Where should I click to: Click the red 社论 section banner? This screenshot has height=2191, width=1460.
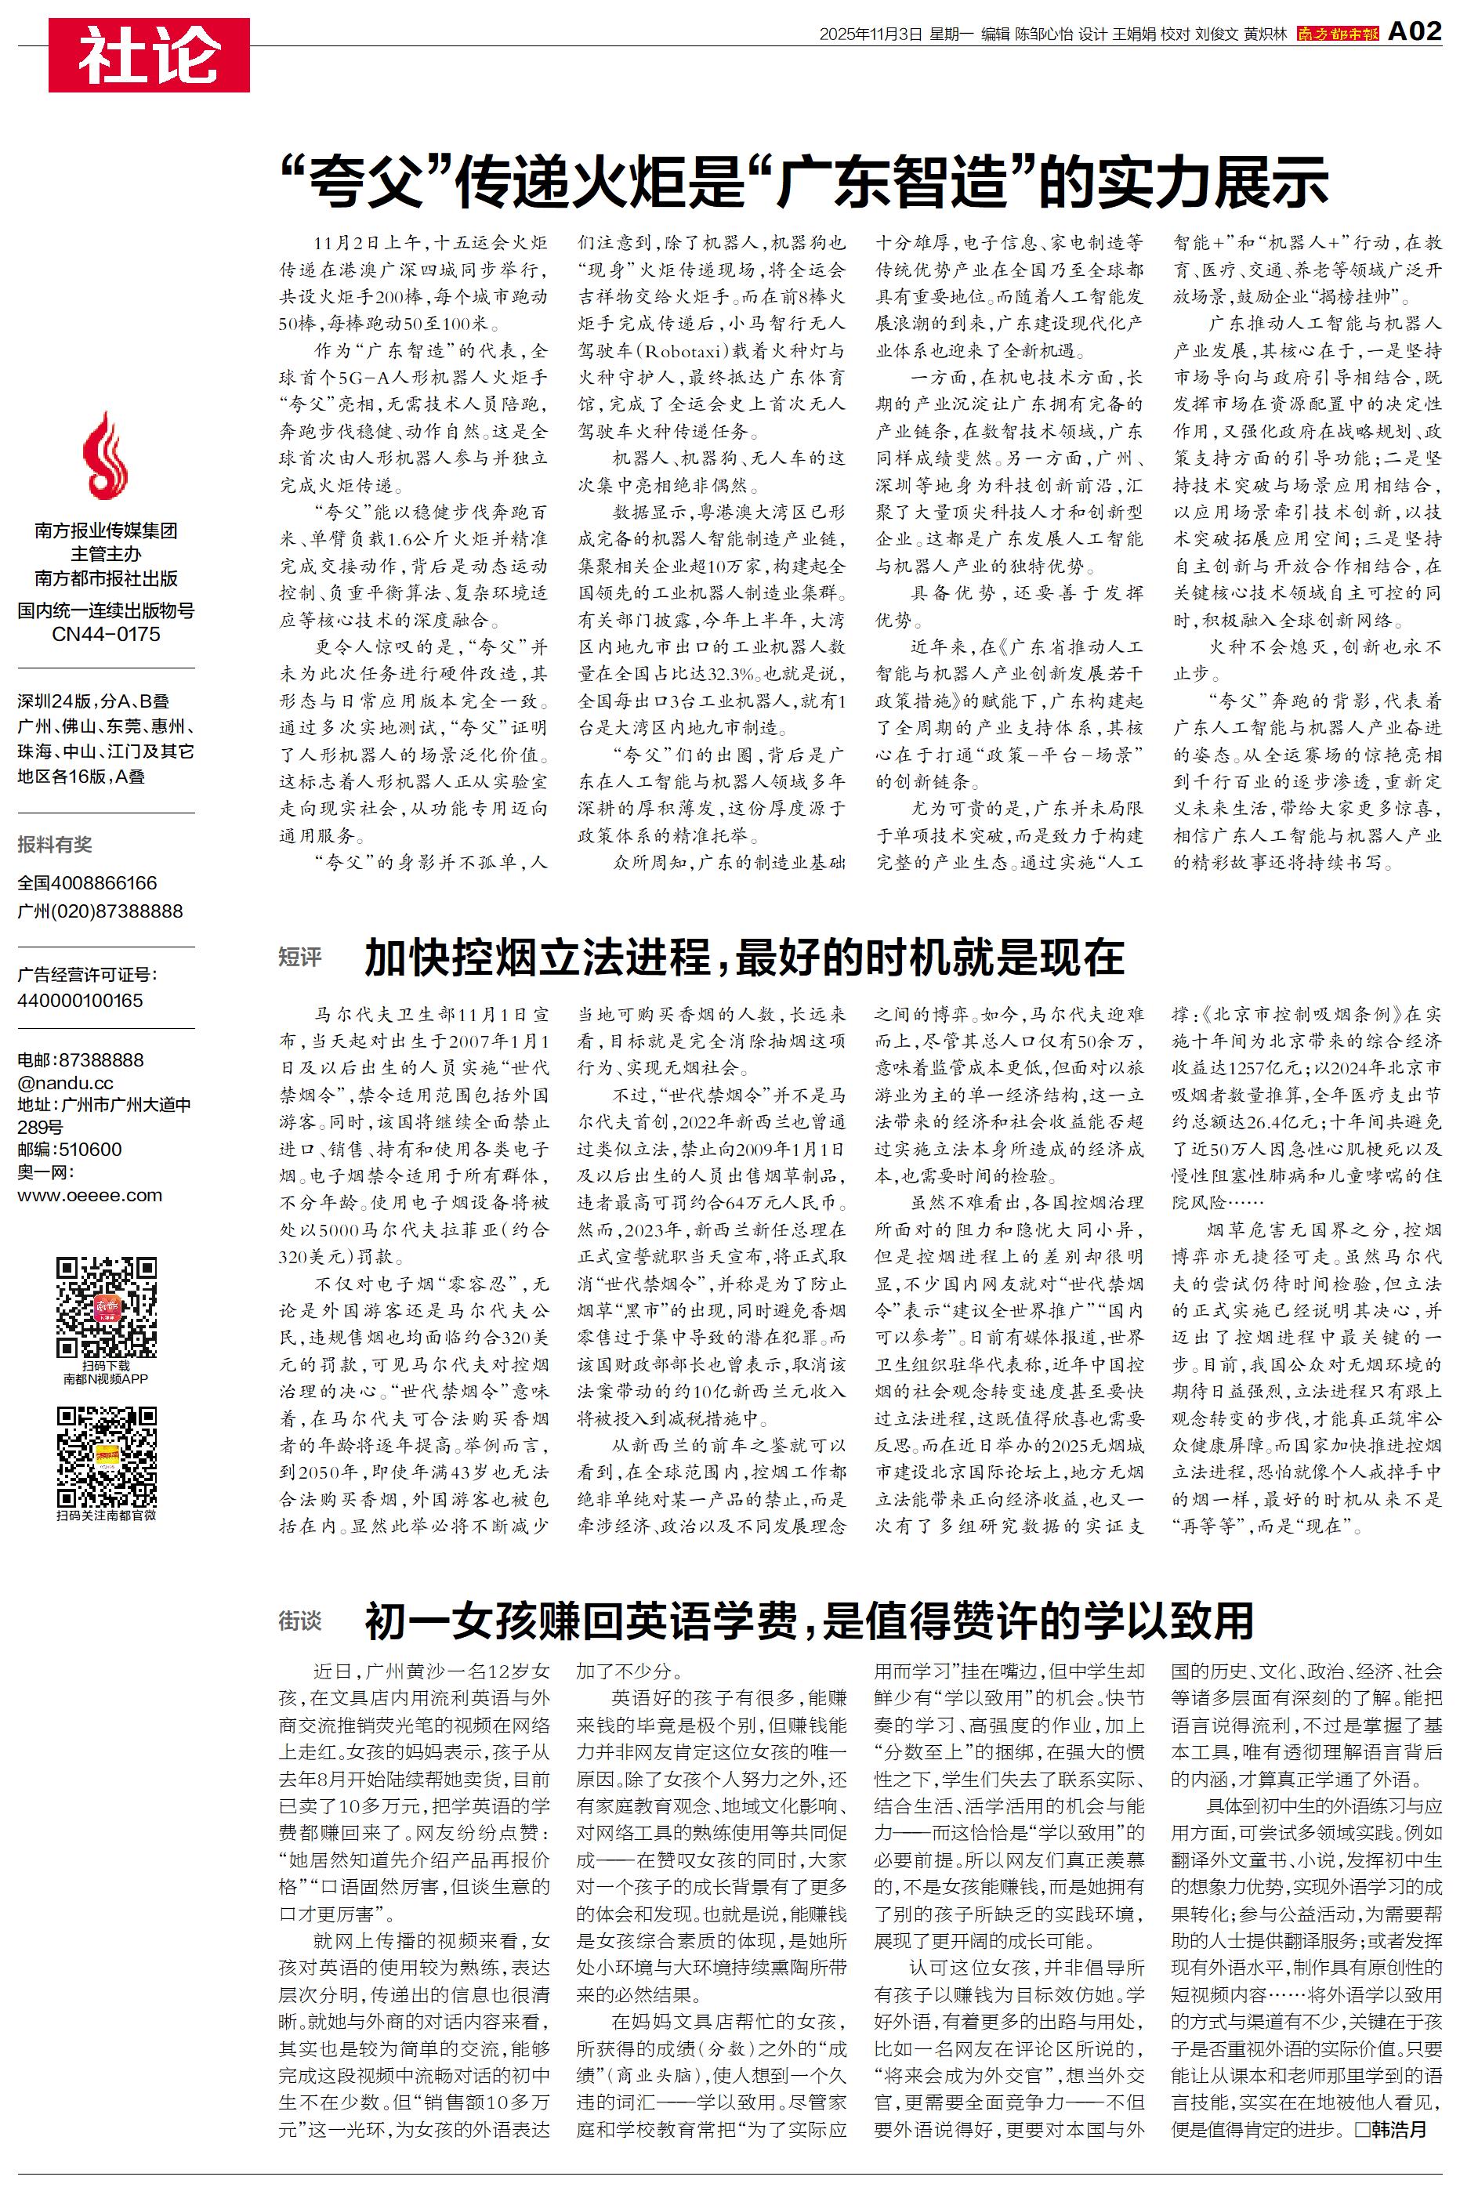point(149,55)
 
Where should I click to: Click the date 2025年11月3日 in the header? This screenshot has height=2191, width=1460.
point(870,34)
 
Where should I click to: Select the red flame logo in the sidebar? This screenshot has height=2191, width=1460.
point(106,456)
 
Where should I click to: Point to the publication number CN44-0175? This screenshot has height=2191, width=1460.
point(106,634)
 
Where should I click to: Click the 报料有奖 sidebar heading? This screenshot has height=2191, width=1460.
point(55,844)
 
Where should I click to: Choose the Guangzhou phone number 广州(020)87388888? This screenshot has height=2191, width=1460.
point(100,911)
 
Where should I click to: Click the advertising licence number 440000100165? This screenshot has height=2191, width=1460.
point(80,1001)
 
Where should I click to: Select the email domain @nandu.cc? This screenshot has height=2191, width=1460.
point(65,1082)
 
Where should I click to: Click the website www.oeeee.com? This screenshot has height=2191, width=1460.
point(89,1195)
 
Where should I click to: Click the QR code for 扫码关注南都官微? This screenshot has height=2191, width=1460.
point(106,1457)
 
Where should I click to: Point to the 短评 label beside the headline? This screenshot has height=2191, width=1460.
point(300,957)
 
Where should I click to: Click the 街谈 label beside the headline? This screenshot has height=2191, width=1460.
point(300,1621)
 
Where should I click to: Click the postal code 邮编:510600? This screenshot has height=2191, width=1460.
point(69,1150)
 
